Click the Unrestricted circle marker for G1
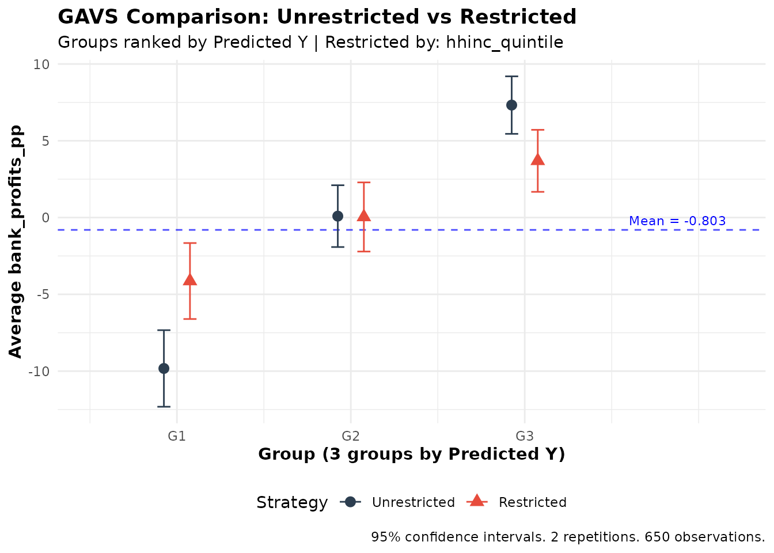[x=164, y=369]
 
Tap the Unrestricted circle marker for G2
[x=337, y=216]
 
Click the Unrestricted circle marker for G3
[x=511, y=105]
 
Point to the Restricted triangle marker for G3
[x=538, y=160]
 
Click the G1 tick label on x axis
[x=177, y=436]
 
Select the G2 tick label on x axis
[x=351, y=436]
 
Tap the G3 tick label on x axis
[x=525, y=436]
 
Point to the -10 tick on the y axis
[x=39, y=372]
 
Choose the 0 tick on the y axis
[x=45, y=218]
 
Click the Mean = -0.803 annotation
[x=677, y=221]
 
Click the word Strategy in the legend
[x=292, y=502]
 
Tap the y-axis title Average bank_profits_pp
[x=16, y=242]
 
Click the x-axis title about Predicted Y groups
[x=411, y=454]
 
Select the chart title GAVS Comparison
[x=317, y=17]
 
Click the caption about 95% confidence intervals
[x=568, y=537]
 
